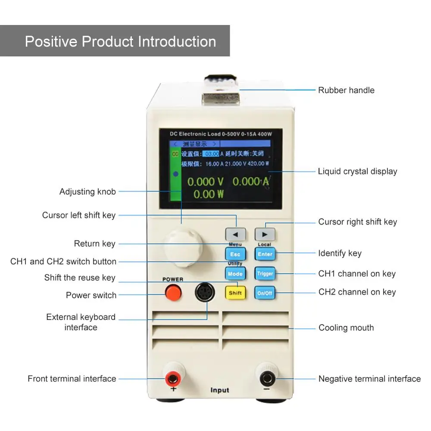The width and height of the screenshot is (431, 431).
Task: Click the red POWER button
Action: tap(173, 294)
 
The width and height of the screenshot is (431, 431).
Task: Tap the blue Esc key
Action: tap(235, 254)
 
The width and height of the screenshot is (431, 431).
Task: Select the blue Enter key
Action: tap(265, 254)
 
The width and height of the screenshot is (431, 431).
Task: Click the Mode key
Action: tap(235, 274)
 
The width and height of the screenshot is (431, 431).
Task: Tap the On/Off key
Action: tap(265, 293)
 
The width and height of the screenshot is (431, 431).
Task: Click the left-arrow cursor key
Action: tap(235, 234)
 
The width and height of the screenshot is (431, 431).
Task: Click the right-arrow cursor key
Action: tap(265, 234)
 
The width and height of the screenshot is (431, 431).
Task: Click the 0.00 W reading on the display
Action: tap(209, 194)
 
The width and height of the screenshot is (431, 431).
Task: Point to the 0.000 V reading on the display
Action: tap(205, 182)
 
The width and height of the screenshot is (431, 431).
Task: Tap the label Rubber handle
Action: tap(346, 90)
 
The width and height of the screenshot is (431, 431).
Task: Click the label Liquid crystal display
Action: tap(357, 171)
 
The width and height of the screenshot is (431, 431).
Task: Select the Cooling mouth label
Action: tap(346, 328)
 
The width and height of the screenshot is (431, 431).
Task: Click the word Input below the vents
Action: tap(220, 390)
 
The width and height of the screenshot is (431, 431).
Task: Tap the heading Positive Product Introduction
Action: tap(120, 41)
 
